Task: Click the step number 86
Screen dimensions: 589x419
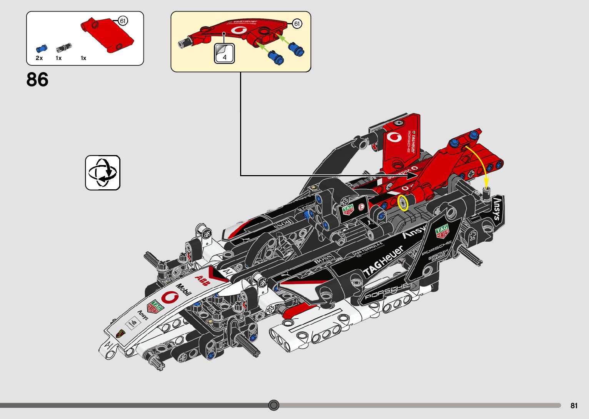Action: pyautogui.click(x=37, y=80)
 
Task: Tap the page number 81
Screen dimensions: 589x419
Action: pyautogui.click(x=574, y=406)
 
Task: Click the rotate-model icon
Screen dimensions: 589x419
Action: pyautogui.click(x=103, y=173)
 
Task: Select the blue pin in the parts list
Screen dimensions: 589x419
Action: pyautogui.click(x=41, y=48)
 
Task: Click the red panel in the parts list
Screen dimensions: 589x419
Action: pyautogui.click(x=108, y=35)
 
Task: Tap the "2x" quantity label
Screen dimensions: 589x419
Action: pyautogui.click(x=39, y=58)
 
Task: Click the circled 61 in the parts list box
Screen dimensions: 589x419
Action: pyautogui.click(x=123, y=21)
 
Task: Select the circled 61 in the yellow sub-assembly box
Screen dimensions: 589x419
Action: pyautogui.click(x=297, y=24)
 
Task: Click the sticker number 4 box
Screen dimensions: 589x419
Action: pyautogui.click(x=224, y=53)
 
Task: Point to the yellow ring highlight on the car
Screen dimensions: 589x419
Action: pyautogui.click(x=403, y=203)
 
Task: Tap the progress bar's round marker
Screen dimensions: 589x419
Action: pyautogui.click(x=274, y=405)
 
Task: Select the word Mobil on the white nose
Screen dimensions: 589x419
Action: pyautogui.click(x=184, y=289)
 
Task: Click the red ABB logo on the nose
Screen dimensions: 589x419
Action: pyautogui.click(x=202, y=281)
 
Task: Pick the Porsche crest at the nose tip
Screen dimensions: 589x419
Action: pyautogui.click(x=120, y=333)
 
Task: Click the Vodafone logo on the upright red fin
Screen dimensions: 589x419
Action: pyautogui.click(x=394, y=137)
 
